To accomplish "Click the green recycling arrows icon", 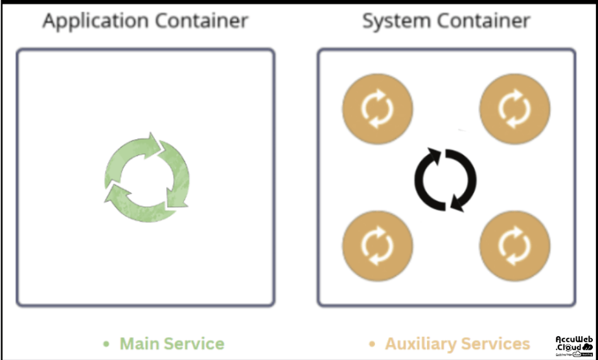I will pos(147,176).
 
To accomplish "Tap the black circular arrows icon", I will pos(445,179).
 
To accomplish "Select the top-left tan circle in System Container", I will pos(377,107).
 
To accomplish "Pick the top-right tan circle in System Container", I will pos(514,107).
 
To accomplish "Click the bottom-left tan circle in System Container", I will pos(377,245).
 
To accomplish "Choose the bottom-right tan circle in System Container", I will pos(514,245).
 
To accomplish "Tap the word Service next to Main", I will pos(195,344).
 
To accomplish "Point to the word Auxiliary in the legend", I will pos(420,344).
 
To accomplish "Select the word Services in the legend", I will pos(495,344).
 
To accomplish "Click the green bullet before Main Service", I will pos(107,344).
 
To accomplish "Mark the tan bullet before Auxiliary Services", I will pos(372,344).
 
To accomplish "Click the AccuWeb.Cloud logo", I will pos(574,345).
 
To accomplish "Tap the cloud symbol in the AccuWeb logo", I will pos(588,347).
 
